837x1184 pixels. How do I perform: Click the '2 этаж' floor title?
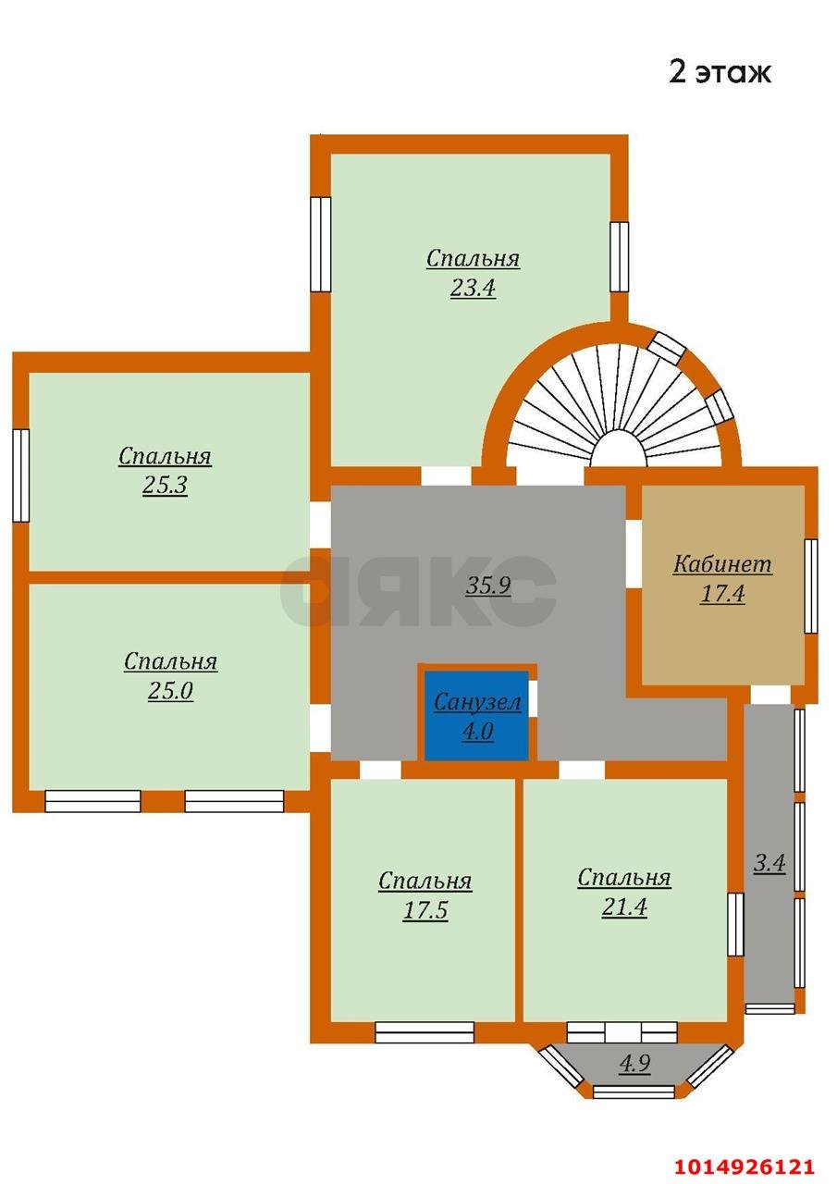(x=720, y=72)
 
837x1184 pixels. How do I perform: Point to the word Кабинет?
(x=721, y=564)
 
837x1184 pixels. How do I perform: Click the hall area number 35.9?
(x=487, y=586)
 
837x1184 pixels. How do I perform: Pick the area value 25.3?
(x=165, y=485)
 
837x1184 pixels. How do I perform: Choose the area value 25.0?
(x=170, y=690)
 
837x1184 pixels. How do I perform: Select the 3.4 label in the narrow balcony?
(x=769, y=863)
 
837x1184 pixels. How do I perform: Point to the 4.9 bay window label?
(x=634, y=1063)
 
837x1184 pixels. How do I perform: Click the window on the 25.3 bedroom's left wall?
(x=21, y=475)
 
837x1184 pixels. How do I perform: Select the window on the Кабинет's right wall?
(x=810, y=586)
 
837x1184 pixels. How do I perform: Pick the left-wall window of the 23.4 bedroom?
(x=320, y=244)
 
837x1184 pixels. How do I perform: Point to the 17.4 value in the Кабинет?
(x=722, y=594)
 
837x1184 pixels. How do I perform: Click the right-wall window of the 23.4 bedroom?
(x=619, y=257)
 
